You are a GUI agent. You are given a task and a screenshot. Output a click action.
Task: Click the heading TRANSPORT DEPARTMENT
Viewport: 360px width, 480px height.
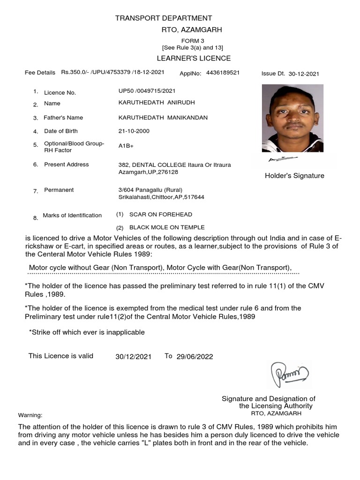164,18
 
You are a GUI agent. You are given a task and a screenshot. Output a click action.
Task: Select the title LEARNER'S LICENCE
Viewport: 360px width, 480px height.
194,58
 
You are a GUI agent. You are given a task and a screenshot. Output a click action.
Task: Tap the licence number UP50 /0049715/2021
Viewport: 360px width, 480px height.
147,90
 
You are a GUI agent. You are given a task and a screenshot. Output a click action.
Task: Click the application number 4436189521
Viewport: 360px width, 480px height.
223,73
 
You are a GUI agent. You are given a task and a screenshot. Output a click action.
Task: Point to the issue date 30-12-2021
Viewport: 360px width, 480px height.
304,74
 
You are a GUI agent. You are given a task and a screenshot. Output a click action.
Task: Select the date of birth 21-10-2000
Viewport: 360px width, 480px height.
134,131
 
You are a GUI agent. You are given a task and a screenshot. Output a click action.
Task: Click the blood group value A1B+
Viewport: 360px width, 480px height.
126,146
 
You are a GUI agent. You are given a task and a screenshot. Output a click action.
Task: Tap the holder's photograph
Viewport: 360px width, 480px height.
292,118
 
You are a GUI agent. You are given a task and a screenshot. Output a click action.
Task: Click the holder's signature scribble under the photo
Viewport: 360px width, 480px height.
277,160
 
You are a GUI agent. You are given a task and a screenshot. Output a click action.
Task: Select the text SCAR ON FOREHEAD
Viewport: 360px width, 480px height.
160,214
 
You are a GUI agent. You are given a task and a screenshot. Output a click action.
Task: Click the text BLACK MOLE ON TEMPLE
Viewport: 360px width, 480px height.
164,227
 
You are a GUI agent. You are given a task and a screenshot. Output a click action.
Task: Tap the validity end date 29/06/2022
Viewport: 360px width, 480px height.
195,357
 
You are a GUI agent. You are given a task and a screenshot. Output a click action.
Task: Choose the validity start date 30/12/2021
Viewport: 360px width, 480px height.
133,357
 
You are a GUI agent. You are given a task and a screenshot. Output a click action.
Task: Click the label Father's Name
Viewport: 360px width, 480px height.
63,118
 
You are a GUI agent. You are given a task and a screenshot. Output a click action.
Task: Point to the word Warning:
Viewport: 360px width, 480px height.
30,415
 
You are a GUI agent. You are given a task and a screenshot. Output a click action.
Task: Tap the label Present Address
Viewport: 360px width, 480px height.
66,165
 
